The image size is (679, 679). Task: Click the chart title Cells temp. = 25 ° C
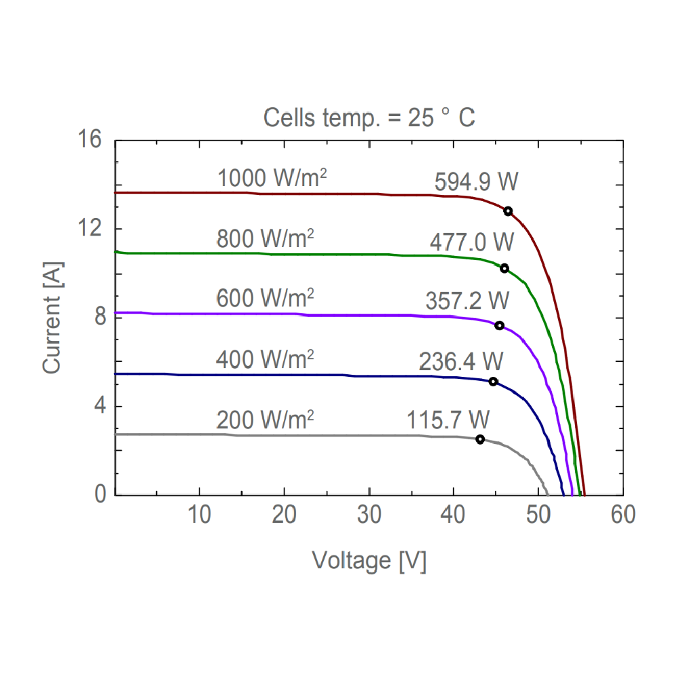tap(369, 117)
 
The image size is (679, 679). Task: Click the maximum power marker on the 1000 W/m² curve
tap(508, 210)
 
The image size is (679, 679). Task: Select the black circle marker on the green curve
tap(504, 268)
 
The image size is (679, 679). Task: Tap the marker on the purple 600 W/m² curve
tap(500, 325)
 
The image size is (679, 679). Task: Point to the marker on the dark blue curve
tap(494, 382)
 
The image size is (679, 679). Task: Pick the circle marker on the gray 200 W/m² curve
tap(480, 439)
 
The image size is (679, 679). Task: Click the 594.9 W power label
tap(477, 182)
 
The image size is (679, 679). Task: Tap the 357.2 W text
tap(467, 299)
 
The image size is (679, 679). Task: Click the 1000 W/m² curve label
tap(272, 179)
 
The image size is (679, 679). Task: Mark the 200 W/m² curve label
tap(265, 419)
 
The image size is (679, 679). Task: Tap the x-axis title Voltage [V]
tap(369, 561)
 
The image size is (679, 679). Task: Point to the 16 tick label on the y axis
tap(90, 141)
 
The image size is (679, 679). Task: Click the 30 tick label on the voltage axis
tap(369, 515)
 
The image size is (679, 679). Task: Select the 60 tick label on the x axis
tap(623, 515)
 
